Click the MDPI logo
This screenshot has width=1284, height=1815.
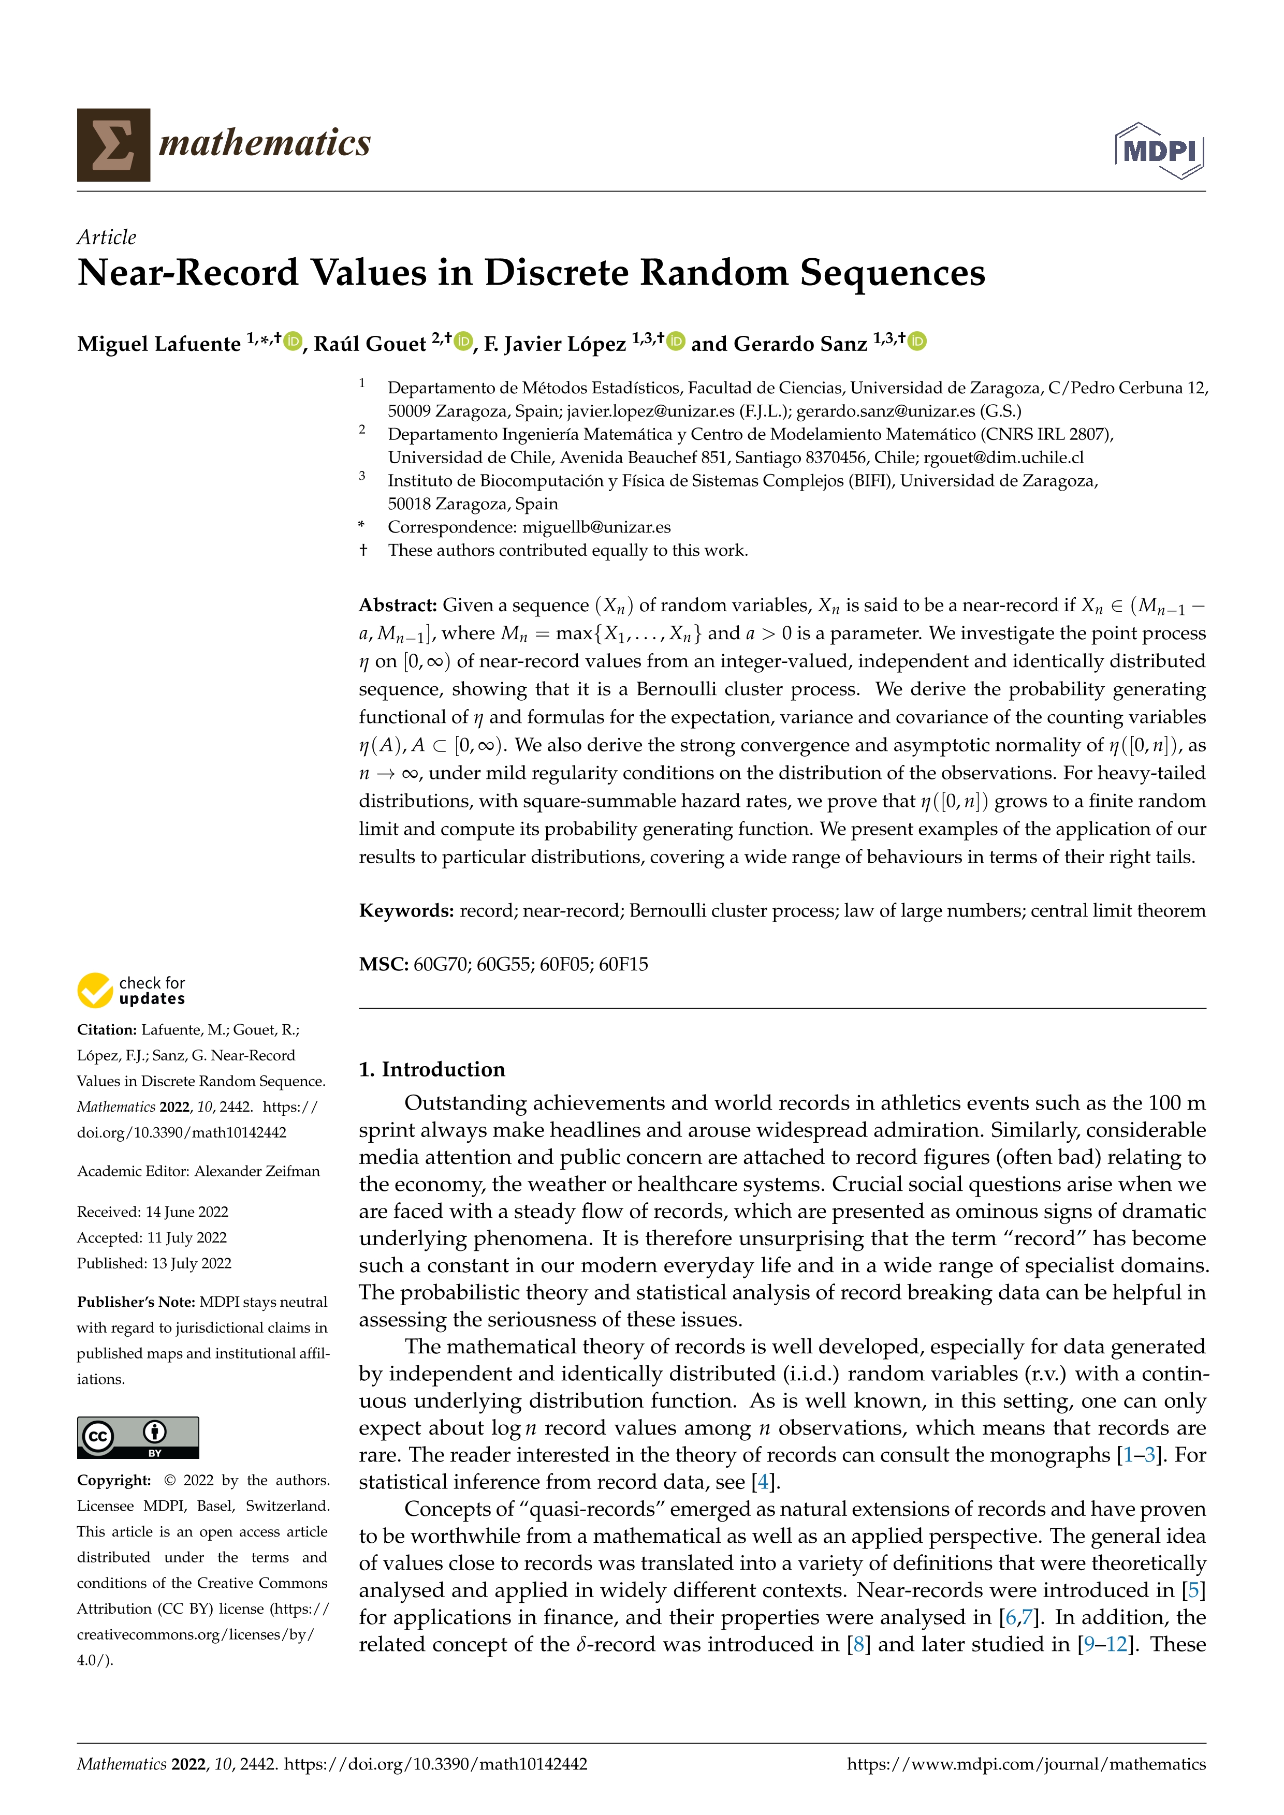(x=1159, y=150)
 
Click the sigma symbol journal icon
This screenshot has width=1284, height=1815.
(x=113, y=145)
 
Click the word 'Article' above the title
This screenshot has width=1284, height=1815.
(x=106, y=237)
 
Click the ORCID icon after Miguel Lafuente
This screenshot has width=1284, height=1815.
(x=294, y=342)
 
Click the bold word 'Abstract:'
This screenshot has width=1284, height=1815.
(x=398, y=606)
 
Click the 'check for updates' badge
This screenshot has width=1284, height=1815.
(x=131, y=991)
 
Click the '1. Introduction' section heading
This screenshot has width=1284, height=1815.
(x=432, y=1070)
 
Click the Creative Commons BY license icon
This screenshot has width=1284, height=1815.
(x=138, y=1437)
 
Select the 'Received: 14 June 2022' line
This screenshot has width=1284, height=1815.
(x=153, y=1212)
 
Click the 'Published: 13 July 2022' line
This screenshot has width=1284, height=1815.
(x=154, y=1263)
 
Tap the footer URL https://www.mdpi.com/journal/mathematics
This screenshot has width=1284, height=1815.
(x=1026, y=1764)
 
